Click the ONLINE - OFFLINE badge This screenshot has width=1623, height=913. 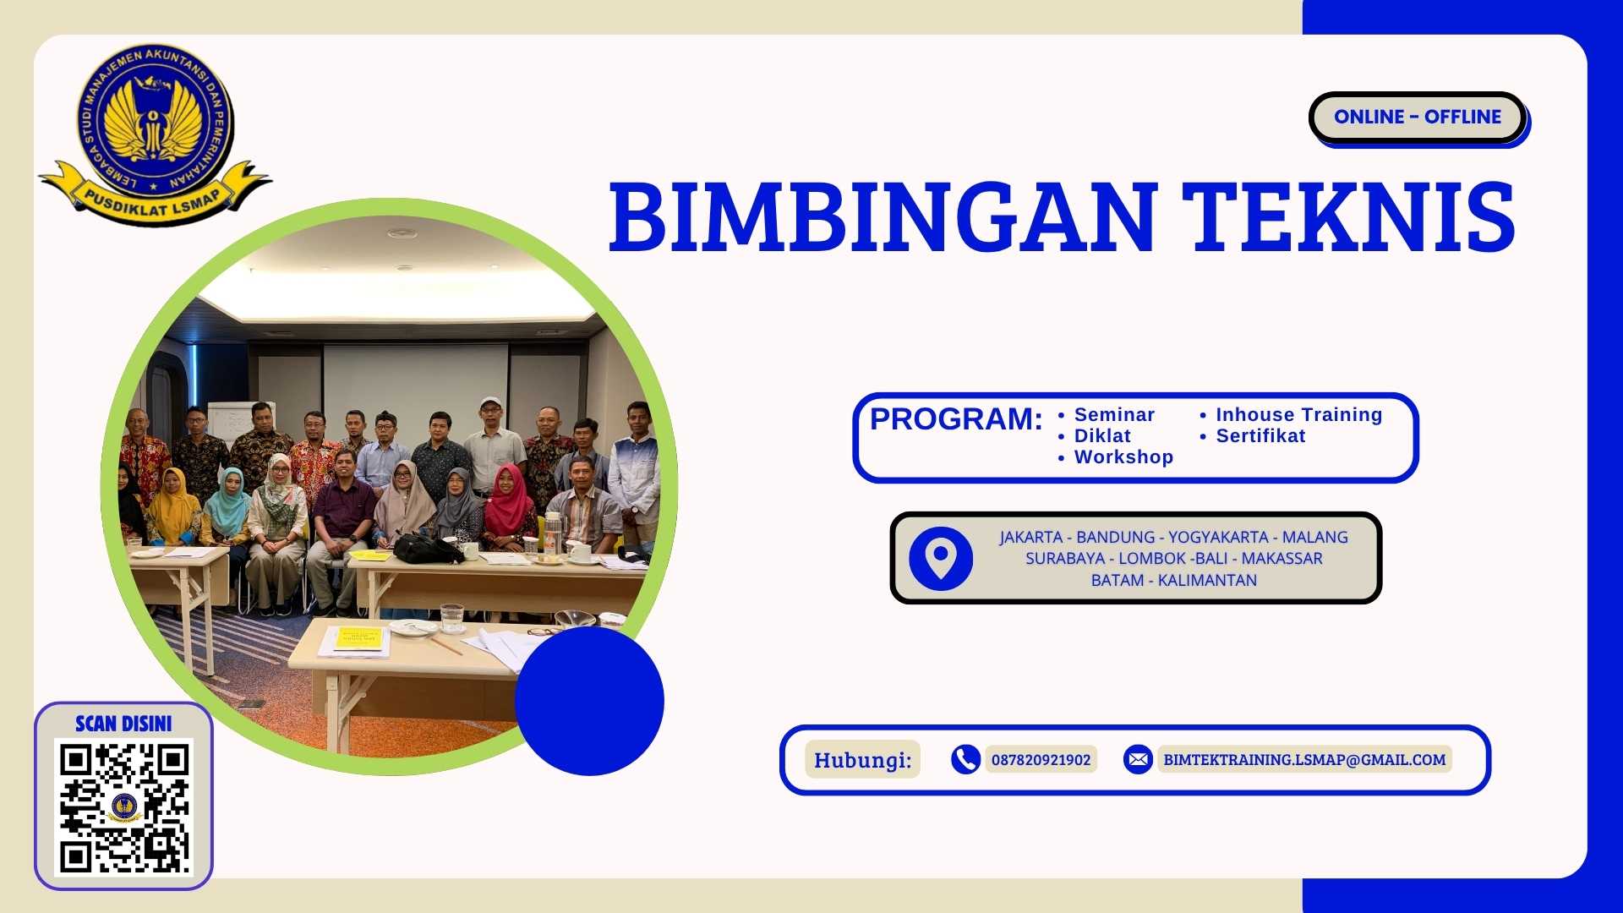1418,117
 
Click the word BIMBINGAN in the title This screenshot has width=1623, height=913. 883,217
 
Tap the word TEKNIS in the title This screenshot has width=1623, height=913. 1347,217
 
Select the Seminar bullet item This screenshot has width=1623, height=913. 1113,415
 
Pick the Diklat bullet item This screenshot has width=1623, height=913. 1101,436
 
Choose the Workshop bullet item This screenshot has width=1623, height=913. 1123,457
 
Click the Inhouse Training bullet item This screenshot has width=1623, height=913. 1298,415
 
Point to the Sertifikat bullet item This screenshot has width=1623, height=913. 1260,436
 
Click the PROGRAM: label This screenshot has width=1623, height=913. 955,419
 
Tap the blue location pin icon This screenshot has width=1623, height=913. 941,559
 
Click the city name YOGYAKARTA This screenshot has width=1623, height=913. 1217,538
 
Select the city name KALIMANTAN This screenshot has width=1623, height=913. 1207,581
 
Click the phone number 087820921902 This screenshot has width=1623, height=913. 1041,760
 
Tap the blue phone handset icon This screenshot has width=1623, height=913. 965,760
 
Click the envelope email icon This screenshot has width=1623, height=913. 1138,760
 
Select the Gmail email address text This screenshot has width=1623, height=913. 1303,760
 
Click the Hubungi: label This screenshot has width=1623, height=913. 862,760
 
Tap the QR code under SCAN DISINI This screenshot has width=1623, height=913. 123,806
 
